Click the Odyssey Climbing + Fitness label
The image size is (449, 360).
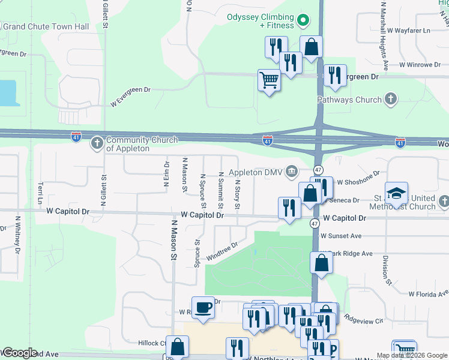tap(261, 21)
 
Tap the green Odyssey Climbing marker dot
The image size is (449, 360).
tap(304, 21)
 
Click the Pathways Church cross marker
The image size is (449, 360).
tap(391, 99)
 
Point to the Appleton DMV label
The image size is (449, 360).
tap(254, 172)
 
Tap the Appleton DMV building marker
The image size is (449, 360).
tap(292, 172)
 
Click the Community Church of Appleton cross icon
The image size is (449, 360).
tap(97, 143)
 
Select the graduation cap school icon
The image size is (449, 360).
tap(396, 193)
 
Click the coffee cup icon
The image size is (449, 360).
tap(203, 307)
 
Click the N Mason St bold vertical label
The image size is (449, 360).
tap(174, 239)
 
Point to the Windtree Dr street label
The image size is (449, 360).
tap(222, 251)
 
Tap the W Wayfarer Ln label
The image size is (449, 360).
tap(409, 30)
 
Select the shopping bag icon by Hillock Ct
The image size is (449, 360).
tap(178, 346)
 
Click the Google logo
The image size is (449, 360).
tap(19, 353)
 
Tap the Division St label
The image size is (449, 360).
tap(388, 270)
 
